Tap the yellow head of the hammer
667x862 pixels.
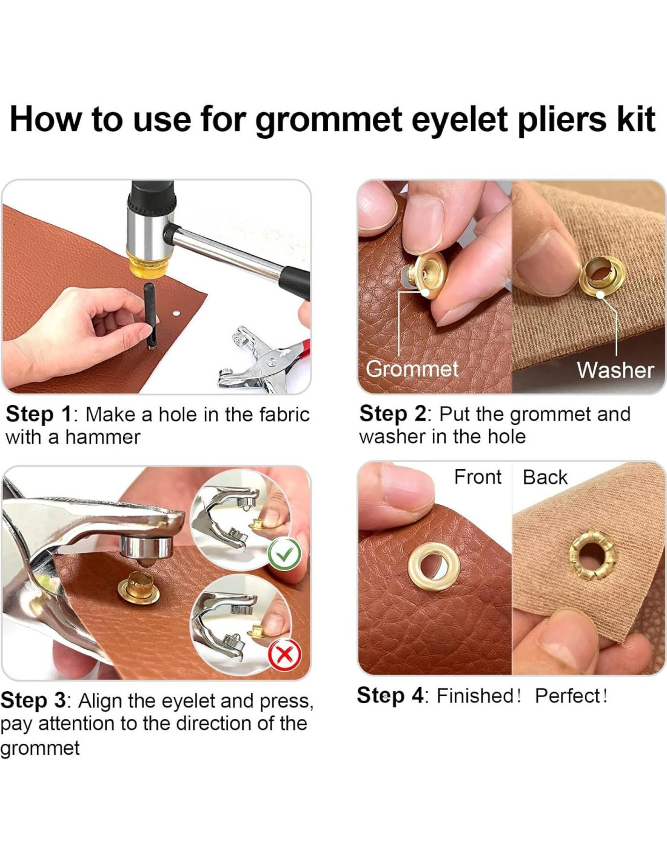[143, 262]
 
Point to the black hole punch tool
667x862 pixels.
[150, 316]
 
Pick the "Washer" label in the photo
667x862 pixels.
[615, 370]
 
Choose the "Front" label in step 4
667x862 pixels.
[478, 477]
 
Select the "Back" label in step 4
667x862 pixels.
[545, 477]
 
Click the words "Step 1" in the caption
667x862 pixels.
[38, 415]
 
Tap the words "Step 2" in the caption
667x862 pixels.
[392, 414]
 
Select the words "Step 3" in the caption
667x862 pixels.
[33, 701]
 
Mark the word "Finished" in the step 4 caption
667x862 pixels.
[475, 696]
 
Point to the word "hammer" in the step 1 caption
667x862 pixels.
[102, 438]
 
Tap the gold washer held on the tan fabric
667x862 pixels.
[602, 275]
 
